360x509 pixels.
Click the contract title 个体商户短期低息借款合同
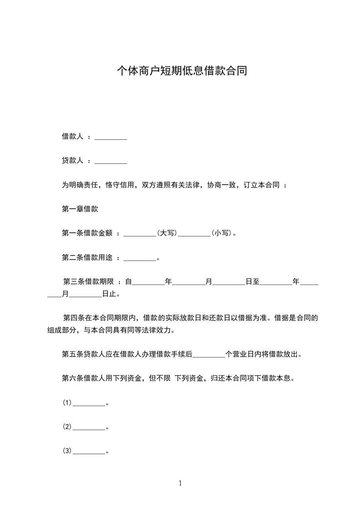182,71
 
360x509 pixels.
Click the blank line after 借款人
110,137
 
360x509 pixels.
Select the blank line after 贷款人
110,161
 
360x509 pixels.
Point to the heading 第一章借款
80,209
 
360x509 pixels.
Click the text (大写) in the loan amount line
167,233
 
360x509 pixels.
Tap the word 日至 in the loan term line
252,282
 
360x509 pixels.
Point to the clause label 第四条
73,318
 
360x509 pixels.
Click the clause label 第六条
73,378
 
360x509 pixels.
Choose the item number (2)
67,427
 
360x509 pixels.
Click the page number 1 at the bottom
180,484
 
